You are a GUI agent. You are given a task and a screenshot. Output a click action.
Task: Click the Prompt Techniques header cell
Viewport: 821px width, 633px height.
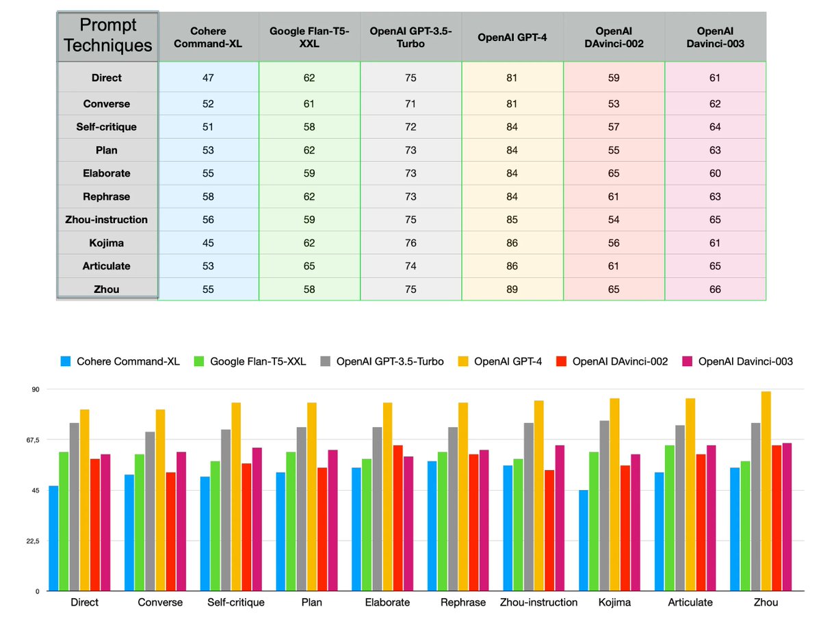(107, 36)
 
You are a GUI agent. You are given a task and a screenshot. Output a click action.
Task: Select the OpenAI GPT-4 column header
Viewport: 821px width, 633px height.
(512, 36)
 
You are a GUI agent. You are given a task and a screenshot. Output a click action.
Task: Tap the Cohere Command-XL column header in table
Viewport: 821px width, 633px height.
(208, 36)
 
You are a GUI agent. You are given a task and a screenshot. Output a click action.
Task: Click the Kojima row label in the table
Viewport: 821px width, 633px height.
(107, 243)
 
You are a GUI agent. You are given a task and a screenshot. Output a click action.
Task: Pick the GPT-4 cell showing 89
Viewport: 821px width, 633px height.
(512, 289)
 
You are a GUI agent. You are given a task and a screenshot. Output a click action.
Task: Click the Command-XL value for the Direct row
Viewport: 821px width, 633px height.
(208, 77)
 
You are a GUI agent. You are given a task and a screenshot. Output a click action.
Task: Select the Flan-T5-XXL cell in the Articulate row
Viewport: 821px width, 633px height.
(309, 266)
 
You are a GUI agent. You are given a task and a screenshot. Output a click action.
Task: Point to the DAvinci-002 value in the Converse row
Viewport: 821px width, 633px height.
(614, 104)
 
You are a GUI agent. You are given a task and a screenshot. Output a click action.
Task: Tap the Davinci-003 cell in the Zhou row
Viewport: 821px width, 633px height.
(715, 289)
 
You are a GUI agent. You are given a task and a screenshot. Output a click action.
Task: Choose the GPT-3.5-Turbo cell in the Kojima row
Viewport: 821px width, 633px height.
(410, 243)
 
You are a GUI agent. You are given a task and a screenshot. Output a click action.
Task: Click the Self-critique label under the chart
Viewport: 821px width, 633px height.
(235, 603)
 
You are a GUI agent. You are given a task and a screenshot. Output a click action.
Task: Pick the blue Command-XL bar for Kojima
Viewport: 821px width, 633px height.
(584, 540)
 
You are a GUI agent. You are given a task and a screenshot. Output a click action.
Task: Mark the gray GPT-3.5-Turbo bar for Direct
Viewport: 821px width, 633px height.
(75, 506)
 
